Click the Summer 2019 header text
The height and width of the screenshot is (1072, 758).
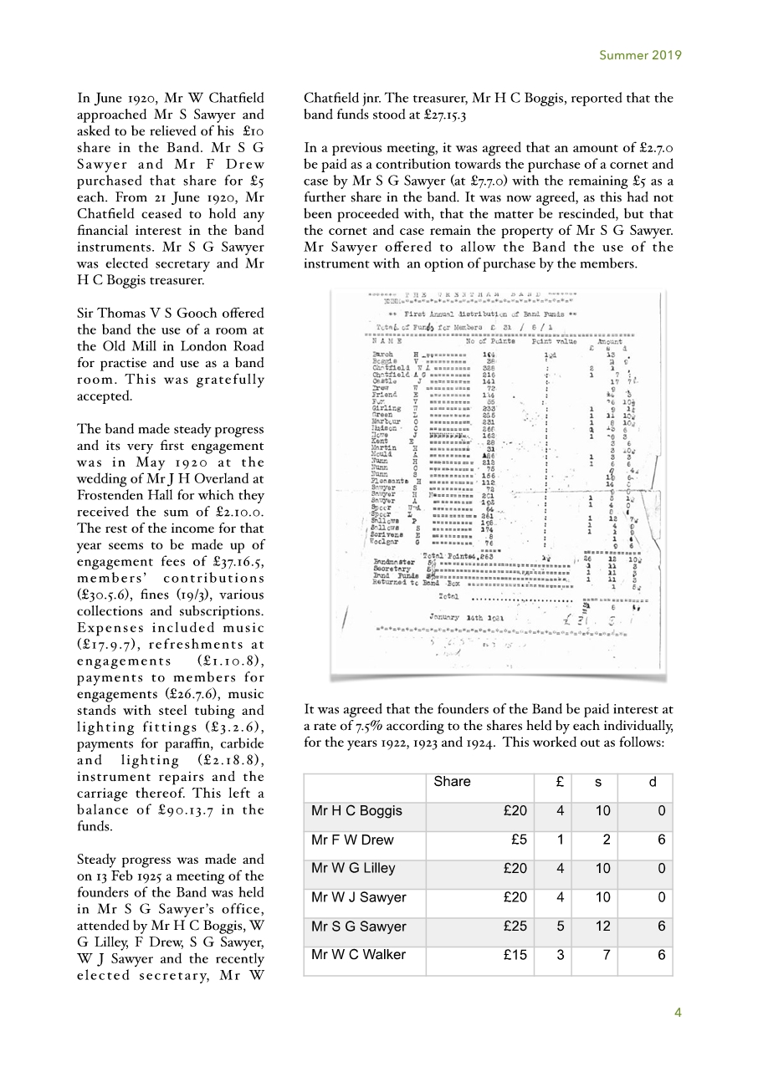pyautogui.click(x=640, y=56)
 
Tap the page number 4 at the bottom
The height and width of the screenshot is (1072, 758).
pyautogui.click(x=678, y=1013)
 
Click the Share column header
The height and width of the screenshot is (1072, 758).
pyautogui.click(x=452, y=781)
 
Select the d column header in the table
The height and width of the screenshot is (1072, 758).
pyautogui.click(x=652, y=781)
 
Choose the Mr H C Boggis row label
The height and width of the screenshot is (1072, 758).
pyautogui.click(x=356, y=810)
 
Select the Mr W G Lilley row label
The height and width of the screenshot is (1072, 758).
pyautogui.click(x=353, y=868)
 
